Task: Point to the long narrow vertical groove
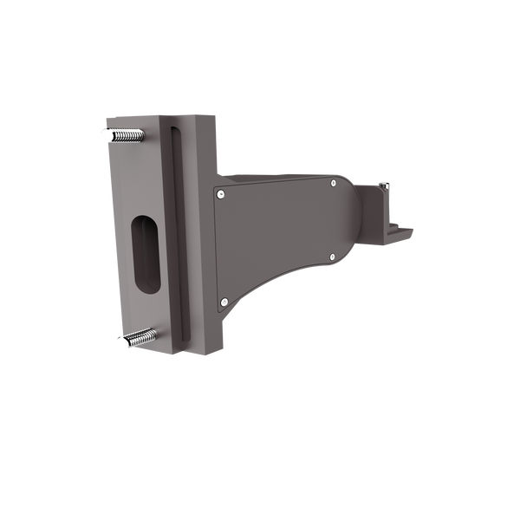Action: point(179,234)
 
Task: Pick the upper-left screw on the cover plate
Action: point(223,195)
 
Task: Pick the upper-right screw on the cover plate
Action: point(333,183)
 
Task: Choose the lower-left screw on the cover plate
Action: point(224,301)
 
